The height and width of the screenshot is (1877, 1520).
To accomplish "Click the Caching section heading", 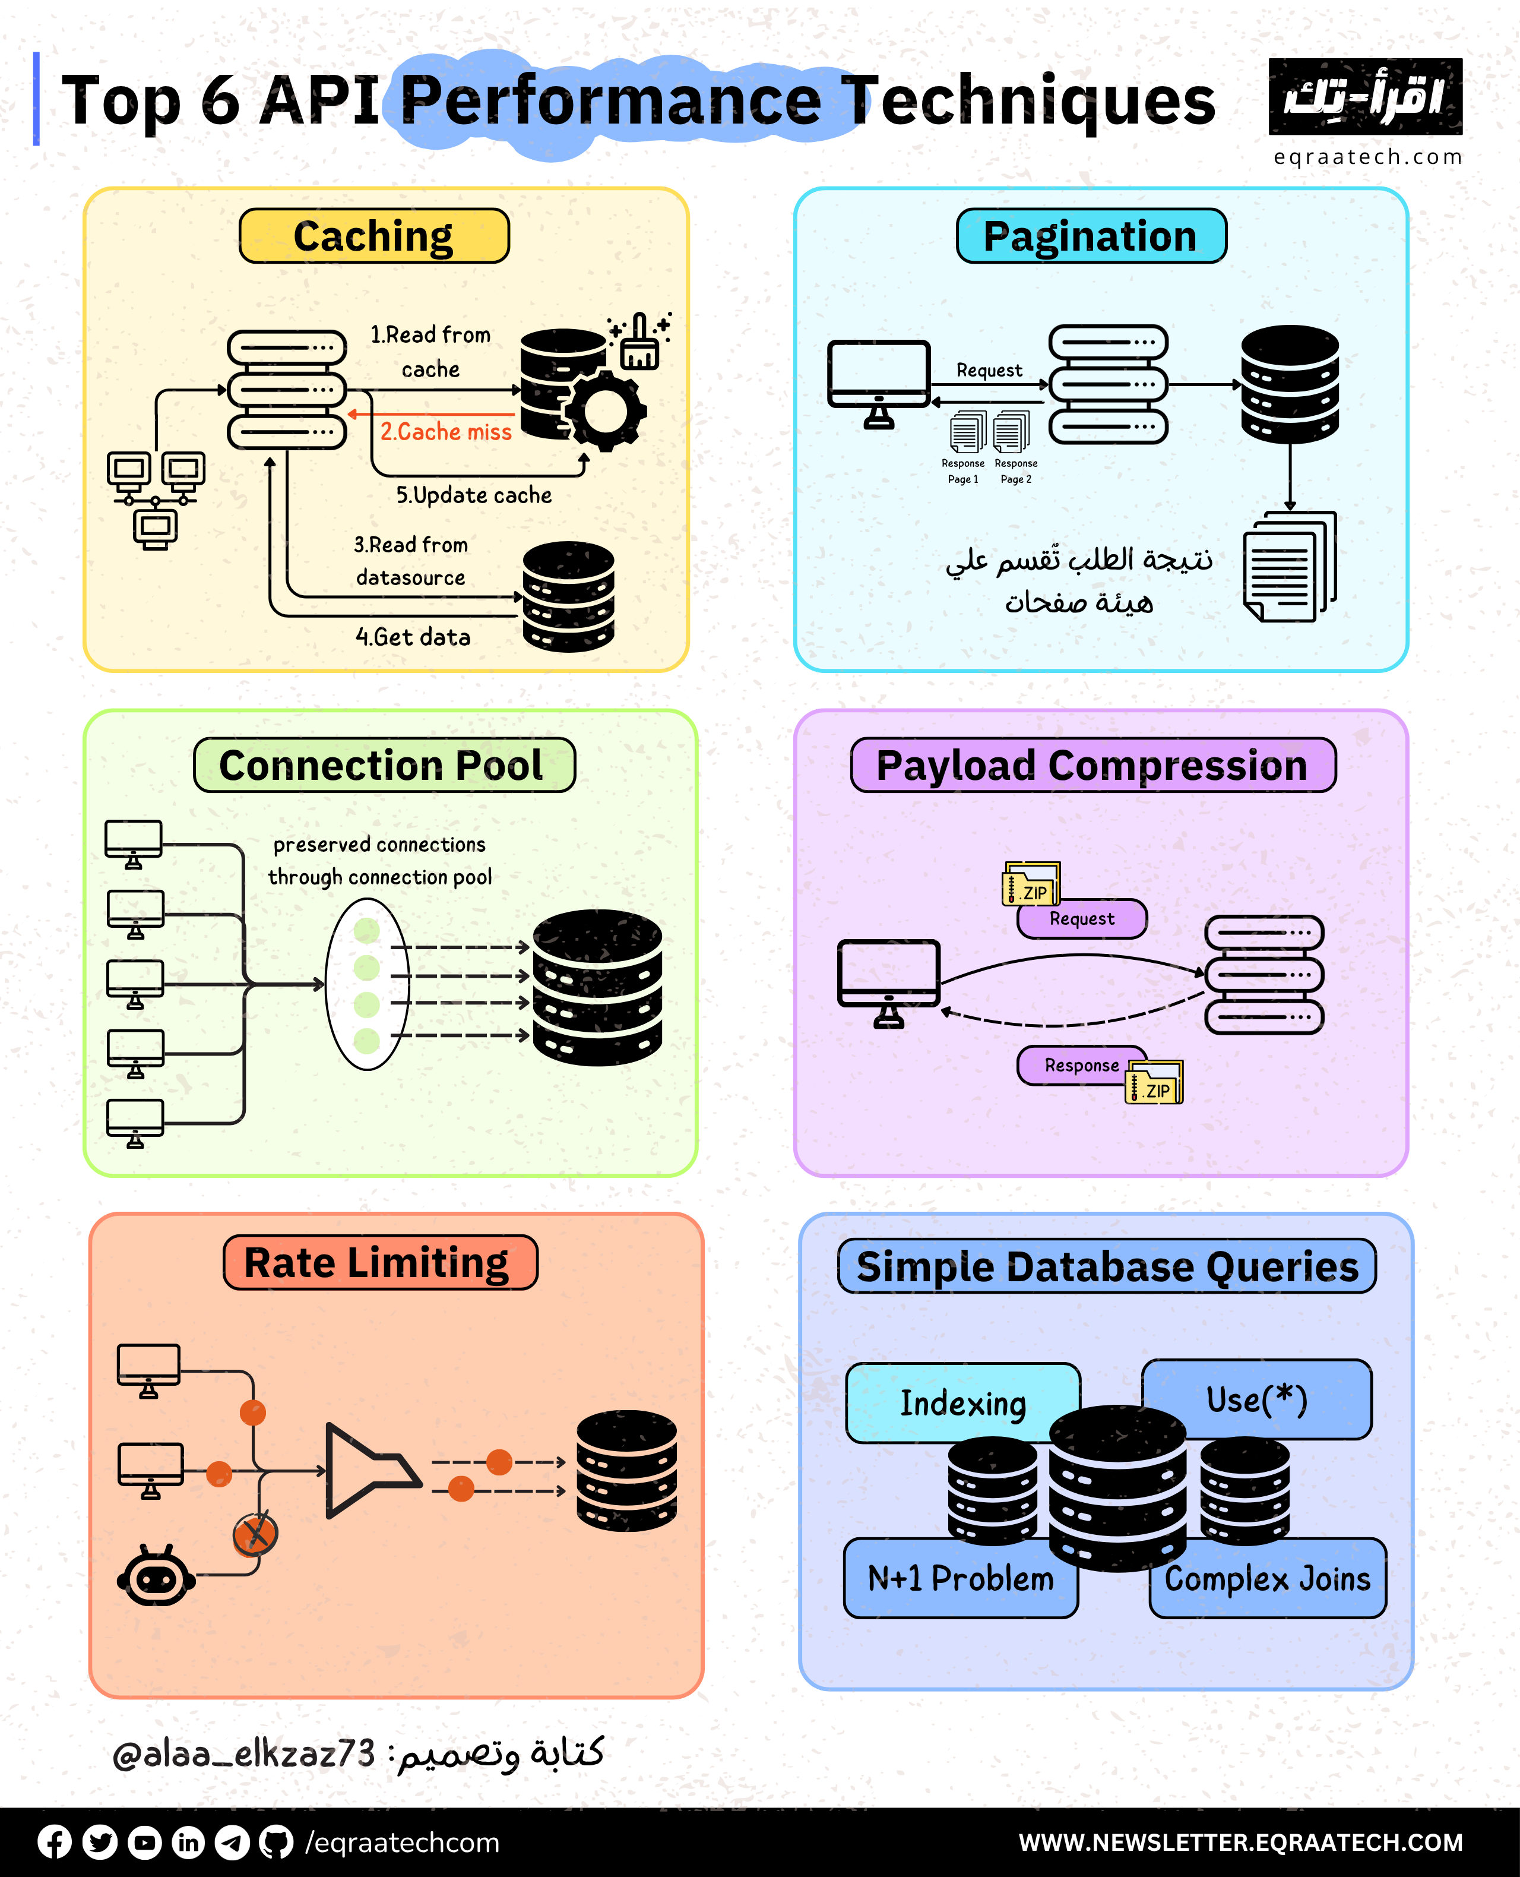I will pyautogui.click(x=374, y=236).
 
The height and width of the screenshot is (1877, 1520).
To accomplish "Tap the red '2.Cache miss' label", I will pyautogui.click(x=446, y=432).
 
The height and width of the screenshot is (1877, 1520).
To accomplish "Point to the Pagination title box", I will pyautogui.click(x=1091, y=236).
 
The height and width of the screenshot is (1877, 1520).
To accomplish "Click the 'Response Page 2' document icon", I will pyautogui.click(x=1012, y=432).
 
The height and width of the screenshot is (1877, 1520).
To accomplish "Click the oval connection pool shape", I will pyautogui.click(x=367, y=984).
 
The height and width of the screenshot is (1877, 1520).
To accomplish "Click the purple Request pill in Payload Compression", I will pyautogui.click(x=1082, y=919).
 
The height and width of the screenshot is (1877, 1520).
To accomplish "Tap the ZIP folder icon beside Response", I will pyautogui.click(x=1154, y=1083).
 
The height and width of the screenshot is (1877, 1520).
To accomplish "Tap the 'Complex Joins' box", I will pyautogui.click(x=1267, y=1578).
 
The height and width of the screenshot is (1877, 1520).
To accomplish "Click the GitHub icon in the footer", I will pyautogui.click(x=277, y=1842).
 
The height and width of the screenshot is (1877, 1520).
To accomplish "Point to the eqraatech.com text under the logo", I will pyautogui.click(x=1367, y=157).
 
